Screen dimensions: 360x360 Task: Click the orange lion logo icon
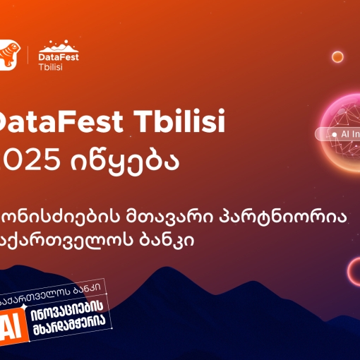(x=7, y=54)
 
